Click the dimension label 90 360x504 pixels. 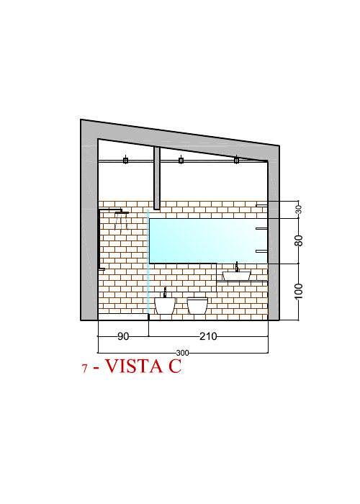pyautogui.click(x=123, y=336)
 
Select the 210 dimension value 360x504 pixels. pyautogui.click(x=208, y=336)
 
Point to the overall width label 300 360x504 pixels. pyautogui.click(x=183, y=353)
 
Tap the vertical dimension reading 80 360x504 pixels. pyautogui.click(x=299, y=240)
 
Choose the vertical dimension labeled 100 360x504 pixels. pyautogui.click(x=299, y=291)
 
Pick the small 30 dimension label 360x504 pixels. pyautogui.click(x=299, y=210)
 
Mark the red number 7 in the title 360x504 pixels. pyautogui.click(x=84, y=369)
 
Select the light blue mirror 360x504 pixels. pyautogui.click(x=208, y=240)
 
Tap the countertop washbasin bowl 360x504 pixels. pyautogui.click(x=236, y=276)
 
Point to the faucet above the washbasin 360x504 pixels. pyautogui.click(x=237, y=267)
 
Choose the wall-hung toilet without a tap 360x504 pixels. pyautogui.click(x=197, y=306)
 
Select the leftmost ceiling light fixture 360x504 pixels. pyautogui.click(x=125, y=160)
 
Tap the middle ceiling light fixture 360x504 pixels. pyautogui.click(x=181, y=160)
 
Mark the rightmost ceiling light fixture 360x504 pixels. pyautogui.click(x=237, y=160)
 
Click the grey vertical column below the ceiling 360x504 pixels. pyautogui.click(x=157, y=179)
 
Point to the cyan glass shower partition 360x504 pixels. pyautogui.click(x=148, y=261)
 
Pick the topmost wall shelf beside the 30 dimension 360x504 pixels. pyautogui.click(x=261, y=205)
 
